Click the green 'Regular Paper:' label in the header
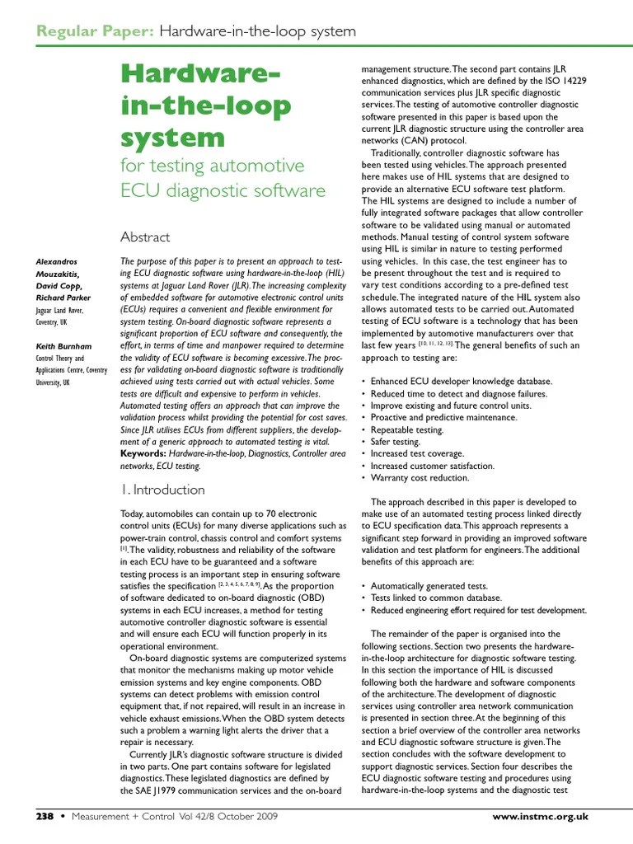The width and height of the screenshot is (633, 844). (95, 31)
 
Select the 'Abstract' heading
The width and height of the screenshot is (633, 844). (145, 237)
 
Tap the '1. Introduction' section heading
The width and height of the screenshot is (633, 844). (162, 490)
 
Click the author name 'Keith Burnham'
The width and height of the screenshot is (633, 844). (64, 346)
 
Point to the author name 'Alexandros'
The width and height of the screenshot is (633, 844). (57, 262)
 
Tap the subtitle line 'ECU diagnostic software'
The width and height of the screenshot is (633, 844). (223, 190)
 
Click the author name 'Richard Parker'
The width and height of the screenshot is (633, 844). (63, 298)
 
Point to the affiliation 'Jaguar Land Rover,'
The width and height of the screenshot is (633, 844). (59, 311)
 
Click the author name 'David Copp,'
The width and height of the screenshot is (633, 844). (59, 286)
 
